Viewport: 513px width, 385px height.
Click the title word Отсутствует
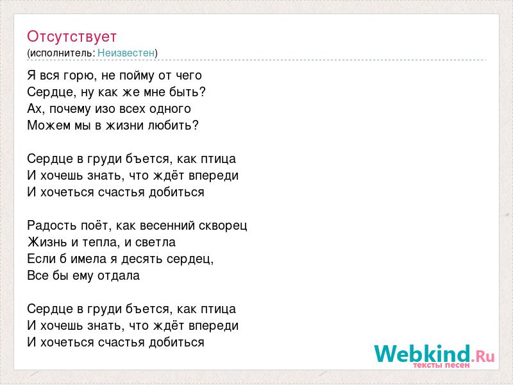click(72, 37)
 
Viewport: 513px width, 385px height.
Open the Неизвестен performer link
click(126, 53)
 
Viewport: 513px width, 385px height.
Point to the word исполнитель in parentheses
click(62, 53)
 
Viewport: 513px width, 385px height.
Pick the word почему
click(70, 109)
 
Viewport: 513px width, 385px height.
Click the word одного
click(170, 108)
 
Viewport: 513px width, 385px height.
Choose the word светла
click(155, 243)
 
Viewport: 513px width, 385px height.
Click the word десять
click(142, 259)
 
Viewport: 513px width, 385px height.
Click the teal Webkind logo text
click(422, 354)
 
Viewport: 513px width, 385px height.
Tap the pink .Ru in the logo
click(483, 356)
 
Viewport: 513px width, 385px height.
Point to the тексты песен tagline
click(441, 365)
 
